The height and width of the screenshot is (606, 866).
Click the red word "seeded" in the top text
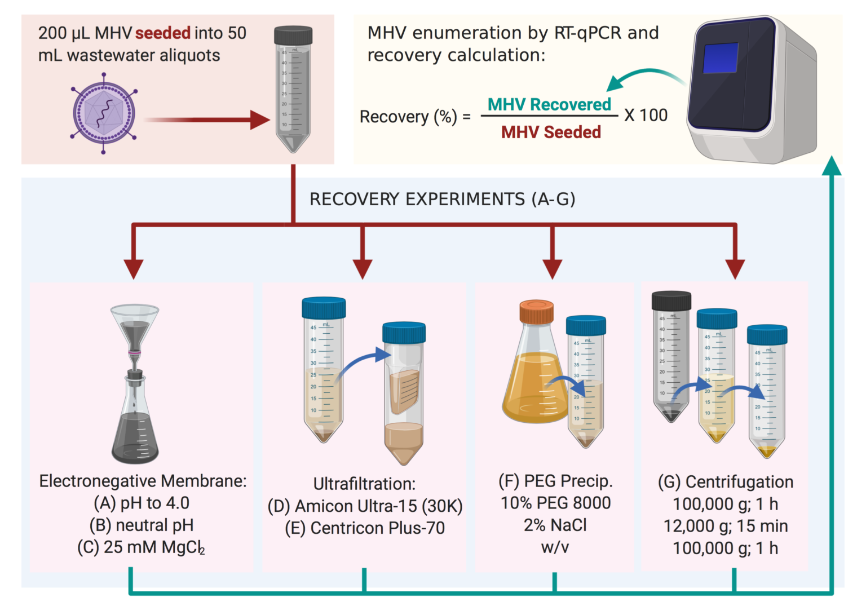pyautogui.click(x=163, y=33)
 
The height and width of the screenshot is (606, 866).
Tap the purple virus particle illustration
pyautogui.click(x=103, y=113)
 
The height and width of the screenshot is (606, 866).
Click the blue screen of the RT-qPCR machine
pyautogui.click(x=720, y=58)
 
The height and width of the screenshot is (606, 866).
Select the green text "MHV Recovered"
pyautogui.click(x=549, y=105)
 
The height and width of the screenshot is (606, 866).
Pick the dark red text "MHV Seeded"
pyautogui.click(x=551, y=132)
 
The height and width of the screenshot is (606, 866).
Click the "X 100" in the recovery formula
pyautogui.click(x=646, y=116)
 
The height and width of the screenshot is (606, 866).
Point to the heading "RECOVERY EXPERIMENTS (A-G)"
pyautogui.click(x=442, y=199)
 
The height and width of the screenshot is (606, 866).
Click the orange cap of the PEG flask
pyautogui.click(x=536, y=311)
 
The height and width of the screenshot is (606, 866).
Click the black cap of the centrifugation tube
pyautogui.click(x=671, y=300)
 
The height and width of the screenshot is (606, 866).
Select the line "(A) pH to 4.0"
pyautogui.click(x=142, y=503)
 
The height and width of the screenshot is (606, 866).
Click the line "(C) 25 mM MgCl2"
pyautogui.click(x=142, y=547)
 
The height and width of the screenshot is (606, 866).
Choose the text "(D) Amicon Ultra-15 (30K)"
pyautogui.click(x=365, y=506)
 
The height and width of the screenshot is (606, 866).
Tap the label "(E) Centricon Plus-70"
pyautogui.click(x=365, y=528)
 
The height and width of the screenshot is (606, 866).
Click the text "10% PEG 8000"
pyautogui.click(x=555, y=503)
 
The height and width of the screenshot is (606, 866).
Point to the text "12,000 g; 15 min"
pyautogui.click(x=726, y=526)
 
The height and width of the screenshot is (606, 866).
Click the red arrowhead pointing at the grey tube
pyautogui.click(x=260, y=120)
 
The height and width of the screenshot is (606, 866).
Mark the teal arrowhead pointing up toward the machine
pyautogui.click(x=832, y=166)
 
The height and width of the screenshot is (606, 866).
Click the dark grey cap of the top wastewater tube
pyautogui.click(x=293, y=35)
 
